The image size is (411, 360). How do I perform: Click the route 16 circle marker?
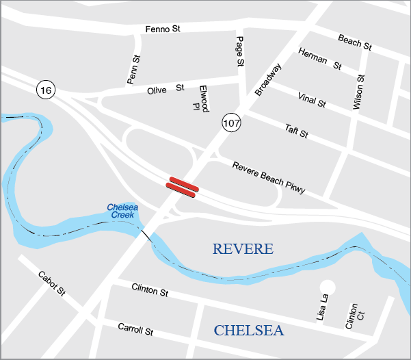tap(47, 90)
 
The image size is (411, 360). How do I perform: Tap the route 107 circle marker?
tap(231, 123)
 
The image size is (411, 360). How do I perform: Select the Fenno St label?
tap(162, 29)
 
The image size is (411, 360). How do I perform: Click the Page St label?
tap(239, 51)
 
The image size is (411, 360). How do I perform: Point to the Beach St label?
tap(354, 42)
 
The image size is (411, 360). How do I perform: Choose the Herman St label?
tap(319, 60)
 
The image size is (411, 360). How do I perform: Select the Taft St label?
tap(296, 131)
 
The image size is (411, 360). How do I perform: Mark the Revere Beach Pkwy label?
tap(268, 178)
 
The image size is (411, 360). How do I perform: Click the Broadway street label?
tap(267, 79)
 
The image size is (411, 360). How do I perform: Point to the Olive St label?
tap(165, 89)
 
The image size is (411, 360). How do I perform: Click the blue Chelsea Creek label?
tap(123, 211)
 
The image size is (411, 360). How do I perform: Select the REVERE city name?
tap(242, 249)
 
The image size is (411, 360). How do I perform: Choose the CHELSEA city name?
tap(248, 331)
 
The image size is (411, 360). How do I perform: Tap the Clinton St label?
tap(150, 290)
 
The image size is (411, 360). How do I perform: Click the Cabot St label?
tap(51, 284)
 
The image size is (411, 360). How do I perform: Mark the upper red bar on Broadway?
tap(183, 183)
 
